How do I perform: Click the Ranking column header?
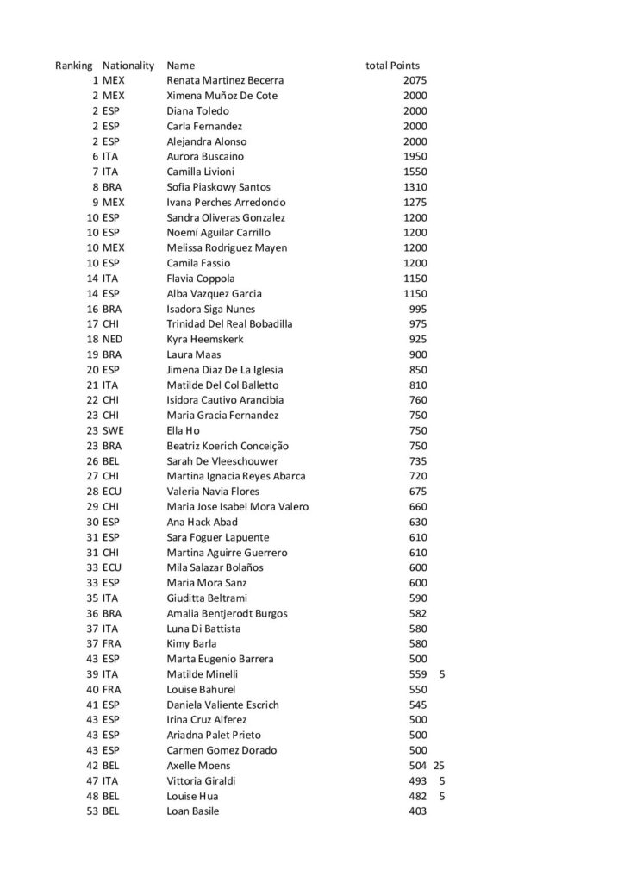click(x=73, y=66)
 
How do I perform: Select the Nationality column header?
click(x=128, y=66)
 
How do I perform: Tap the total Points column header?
click(x=392, y=66)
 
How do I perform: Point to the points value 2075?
click(x=415, y=80)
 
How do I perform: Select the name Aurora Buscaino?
click(x=205, y=157)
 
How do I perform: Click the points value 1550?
click(x=415, y=172)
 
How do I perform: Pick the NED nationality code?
click(x=113, y=340)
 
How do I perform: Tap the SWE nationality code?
click(x=113, y=431)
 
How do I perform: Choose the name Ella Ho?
click(x=184, y=431)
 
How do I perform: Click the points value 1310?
click(x=415, y=187)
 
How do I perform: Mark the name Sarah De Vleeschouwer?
click(x=222, y=461)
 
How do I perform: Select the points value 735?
click(x=418, y=461)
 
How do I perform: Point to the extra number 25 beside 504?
click(x=439, y=766)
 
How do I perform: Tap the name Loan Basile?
click(x=192, y=811)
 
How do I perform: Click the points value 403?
click(x=418, y=811)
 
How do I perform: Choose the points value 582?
click(x=418, y=614)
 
